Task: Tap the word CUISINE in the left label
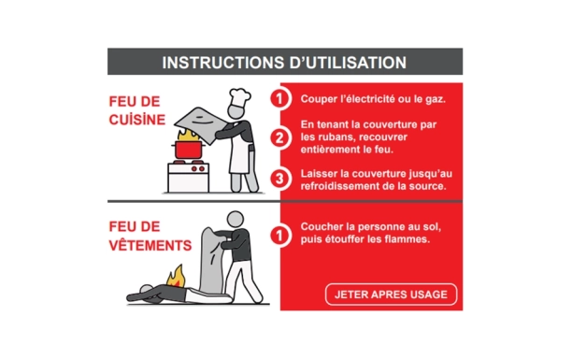[x=136, y=120]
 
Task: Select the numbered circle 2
[x=278, y=137]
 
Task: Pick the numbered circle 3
[x=278, y=179]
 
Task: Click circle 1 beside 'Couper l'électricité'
[x=278, y=99]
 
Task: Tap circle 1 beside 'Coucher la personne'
[x=278, y=234]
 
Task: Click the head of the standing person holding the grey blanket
[x=236, y=219]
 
